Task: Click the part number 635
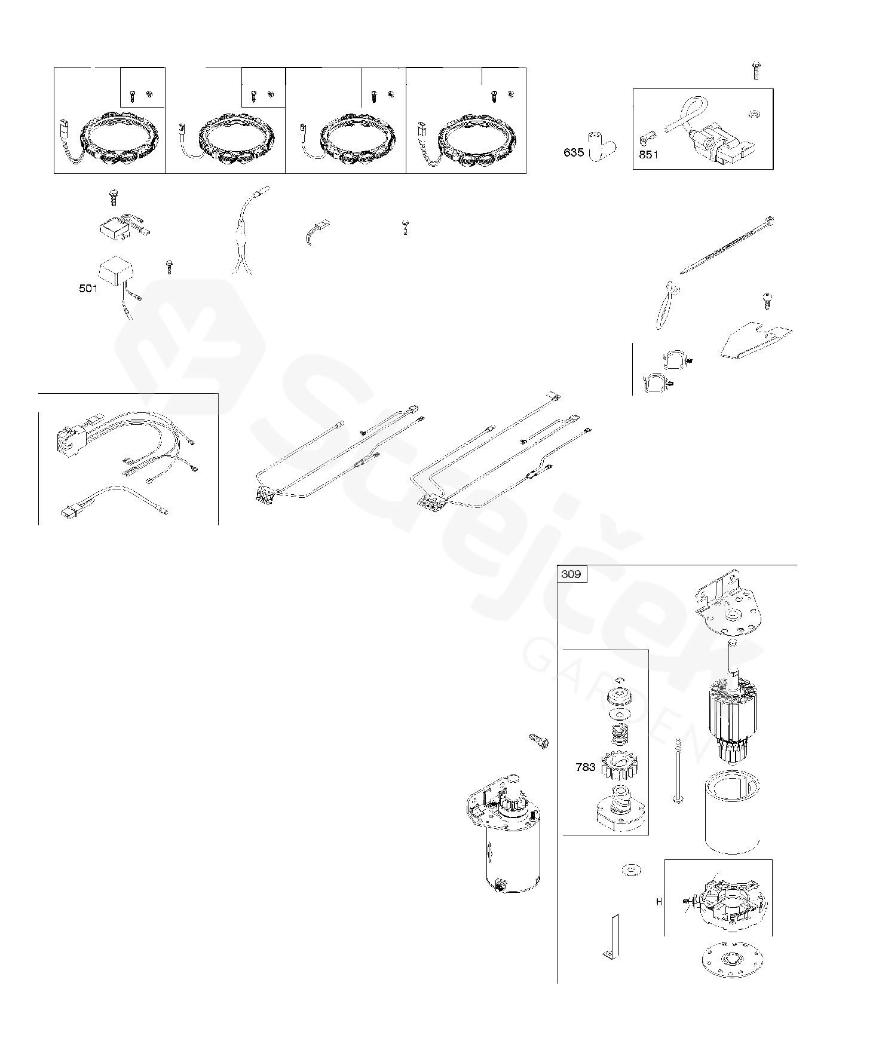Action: coord(573,152)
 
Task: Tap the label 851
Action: coord(648,155)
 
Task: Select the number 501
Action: coord(88,289)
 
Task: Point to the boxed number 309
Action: coord(571,574)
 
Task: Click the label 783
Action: coord(585,767)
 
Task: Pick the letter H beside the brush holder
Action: coord(659,902)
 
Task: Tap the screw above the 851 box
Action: coord(756,70)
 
